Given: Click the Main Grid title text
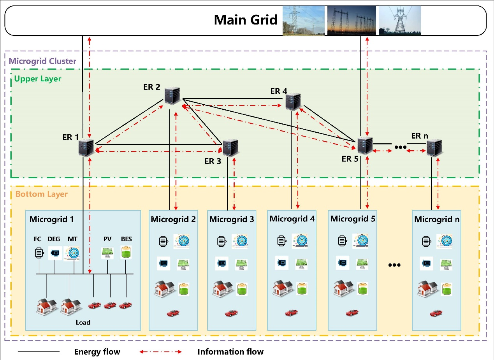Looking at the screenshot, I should click(246, 20).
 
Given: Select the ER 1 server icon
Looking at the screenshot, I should click(86, 148).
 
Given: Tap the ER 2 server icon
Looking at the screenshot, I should click(171, 96).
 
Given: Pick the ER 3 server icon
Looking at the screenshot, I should click(230, 148).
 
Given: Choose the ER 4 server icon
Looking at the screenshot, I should click(293, 102).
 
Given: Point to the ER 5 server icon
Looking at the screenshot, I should click(364, 145).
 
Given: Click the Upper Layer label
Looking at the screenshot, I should click(38, 79).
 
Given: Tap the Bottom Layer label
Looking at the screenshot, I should click(42, 194).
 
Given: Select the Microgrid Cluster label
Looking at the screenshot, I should click(42, 61).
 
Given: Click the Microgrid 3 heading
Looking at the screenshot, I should click(232, 219).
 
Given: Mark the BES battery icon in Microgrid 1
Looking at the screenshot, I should click(126, 253).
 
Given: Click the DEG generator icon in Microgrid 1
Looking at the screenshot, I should click(55, 253).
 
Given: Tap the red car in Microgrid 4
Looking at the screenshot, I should click(291, 312).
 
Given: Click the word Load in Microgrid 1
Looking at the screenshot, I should click(83, 322).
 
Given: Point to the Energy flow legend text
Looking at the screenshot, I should click(97, 352).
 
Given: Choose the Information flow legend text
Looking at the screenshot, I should click(230, 352).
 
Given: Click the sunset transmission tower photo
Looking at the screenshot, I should click(352, 20).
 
